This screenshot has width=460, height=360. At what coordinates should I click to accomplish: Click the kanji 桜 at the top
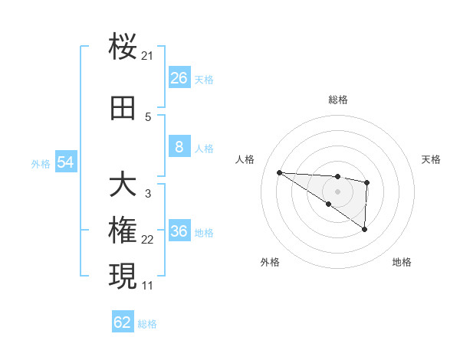click(123, 47)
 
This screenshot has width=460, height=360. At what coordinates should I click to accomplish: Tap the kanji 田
click(123, 110)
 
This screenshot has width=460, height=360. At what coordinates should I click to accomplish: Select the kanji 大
click(123, 185)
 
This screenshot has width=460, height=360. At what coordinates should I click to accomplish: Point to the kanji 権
click(123, 231)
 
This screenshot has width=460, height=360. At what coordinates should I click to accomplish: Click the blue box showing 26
click(179, 78)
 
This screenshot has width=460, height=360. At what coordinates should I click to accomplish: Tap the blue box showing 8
click(179, 148)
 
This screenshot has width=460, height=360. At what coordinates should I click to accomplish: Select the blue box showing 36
click(179, 232)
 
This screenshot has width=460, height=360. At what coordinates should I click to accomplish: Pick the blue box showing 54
click(66, 162)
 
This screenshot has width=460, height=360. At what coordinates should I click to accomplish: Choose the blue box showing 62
click(123, 322)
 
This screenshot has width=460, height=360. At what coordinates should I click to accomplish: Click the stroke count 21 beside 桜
click(148, 56)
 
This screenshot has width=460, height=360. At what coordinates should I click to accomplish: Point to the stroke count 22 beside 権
click(148, 240)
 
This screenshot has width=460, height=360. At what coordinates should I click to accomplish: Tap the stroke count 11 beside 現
click(148, 285)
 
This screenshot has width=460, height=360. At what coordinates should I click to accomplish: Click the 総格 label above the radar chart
click(337, 100)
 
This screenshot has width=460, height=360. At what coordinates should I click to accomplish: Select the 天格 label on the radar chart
click(432, 159)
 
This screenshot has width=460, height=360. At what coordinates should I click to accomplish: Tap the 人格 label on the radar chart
click(245, 159)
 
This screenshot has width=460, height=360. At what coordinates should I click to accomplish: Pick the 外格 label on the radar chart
click(269, 262)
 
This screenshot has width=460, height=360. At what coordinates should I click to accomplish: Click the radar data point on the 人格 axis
click(279, 172)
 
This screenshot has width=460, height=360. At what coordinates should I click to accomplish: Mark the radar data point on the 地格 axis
click(364, 229)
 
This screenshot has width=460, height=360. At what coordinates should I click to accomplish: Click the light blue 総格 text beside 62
click(147, 324)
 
